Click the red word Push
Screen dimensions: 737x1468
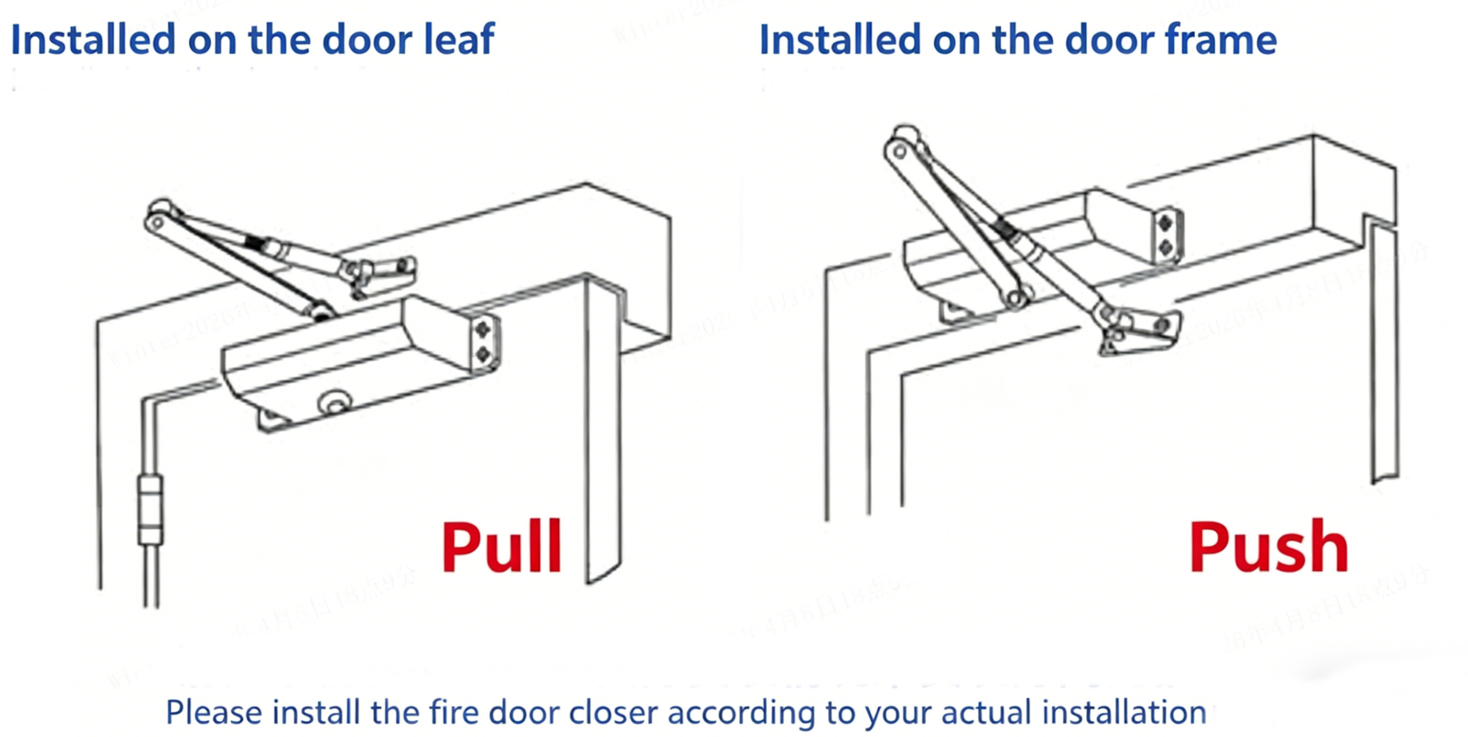[x=1268, y=547]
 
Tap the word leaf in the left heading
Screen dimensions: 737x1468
[x=459, y=40]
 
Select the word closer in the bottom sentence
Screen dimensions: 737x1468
[x=613, y=713]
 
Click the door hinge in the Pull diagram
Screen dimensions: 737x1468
[x=150, y=510]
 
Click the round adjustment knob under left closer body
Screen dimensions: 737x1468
[x=334, y=402]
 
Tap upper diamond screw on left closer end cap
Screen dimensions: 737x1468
[x=483, y=329]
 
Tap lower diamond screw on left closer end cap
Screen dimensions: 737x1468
[x=483, y=354]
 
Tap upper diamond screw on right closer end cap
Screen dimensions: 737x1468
[x=1166, y=223]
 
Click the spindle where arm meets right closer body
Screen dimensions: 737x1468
[x=1015, y=298]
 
